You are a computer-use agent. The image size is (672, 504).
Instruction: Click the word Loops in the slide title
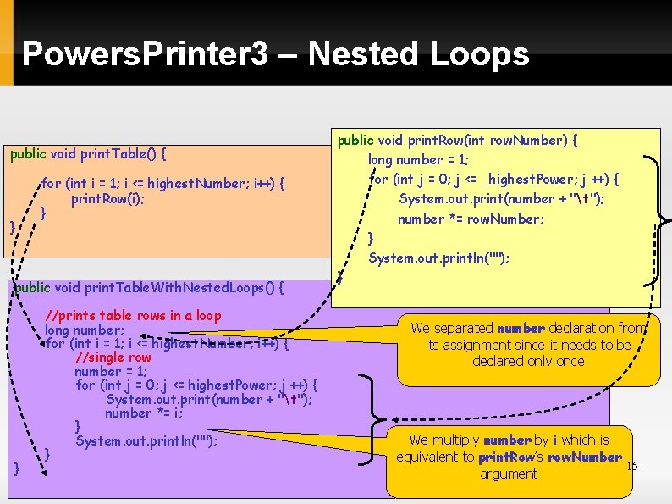(479, 54)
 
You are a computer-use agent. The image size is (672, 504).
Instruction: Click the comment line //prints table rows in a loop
(133, 316)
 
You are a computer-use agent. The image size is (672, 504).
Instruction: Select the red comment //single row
(113, 357)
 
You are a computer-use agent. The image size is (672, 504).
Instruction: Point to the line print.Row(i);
(107, 199)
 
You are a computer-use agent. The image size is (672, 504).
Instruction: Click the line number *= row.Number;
(471, 219)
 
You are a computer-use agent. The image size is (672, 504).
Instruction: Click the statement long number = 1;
(418, 159)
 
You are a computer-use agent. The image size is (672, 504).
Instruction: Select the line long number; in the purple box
(85, 330)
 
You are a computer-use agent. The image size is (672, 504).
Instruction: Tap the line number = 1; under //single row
(111, 371)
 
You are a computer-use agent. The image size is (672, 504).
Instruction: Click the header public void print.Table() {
(88, 154)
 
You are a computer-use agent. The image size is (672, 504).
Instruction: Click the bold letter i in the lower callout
(554, 440)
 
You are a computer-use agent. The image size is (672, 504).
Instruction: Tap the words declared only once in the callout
(529, 361)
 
